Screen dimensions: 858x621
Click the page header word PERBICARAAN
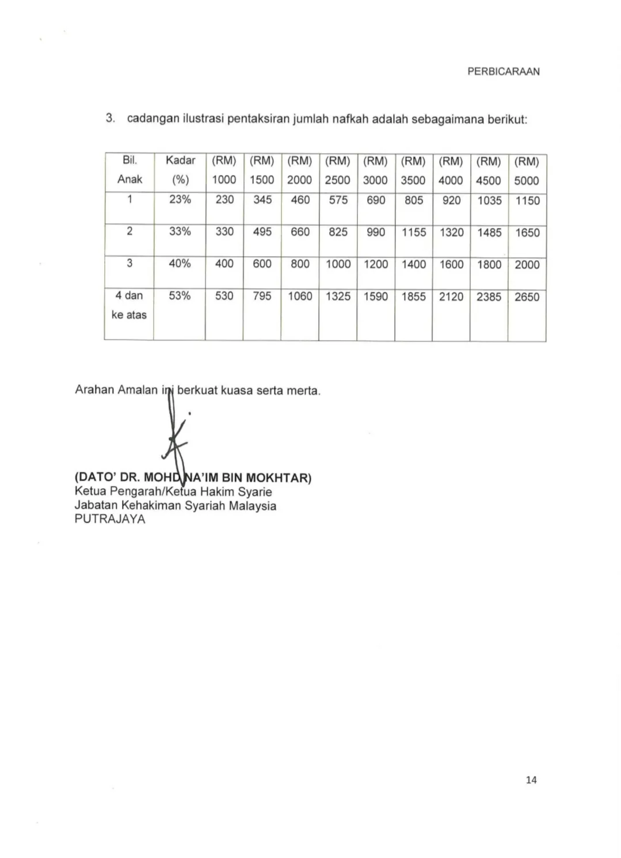(503, 72)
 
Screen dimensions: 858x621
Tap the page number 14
(531, 780)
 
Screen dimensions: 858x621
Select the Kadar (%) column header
(180, 170)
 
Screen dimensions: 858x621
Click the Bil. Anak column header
(129, 170)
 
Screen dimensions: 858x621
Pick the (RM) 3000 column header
(375, 171)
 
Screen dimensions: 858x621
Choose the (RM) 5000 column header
(527, 171)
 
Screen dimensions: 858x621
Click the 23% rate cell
(180, 200)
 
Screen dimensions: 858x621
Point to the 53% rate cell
(180, 296)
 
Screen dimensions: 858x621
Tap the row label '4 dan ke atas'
(129, 305)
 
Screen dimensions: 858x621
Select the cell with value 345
(262, 200)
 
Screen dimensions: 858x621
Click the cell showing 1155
(413, 232)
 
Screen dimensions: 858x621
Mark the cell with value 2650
(527, 297)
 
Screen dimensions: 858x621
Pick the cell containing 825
(338, 232)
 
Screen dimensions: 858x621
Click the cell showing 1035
(489, 201)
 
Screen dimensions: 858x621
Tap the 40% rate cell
(180, 264)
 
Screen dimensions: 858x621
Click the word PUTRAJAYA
(110, 519)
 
